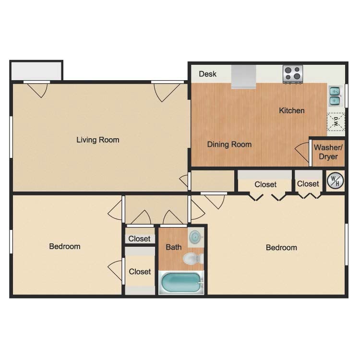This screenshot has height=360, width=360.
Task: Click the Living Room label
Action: pos(98,140)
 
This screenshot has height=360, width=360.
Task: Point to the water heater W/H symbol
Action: pos(336,181)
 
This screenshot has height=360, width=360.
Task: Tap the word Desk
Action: pos(207,74)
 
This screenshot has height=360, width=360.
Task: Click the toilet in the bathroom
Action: pos(192,259)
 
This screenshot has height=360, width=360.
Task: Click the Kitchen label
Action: pos(292,110)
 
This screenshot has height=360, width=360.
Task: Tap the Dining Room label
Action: pos(229,144)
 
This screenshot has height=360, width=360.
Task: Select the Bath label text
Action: pos(173,247)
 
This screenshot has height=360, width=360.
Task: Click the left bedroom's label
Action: pos(65,246)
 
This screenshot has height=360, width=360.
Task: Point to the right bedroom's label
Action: pos(281,248)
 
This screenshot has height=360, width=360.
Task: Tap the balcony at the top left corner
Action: pos(36,71)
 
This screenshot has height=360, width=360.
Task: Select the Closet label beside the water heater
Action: pos(308,184)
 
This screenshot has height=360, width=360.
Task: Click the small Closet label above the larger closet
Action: pos(139,239)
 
